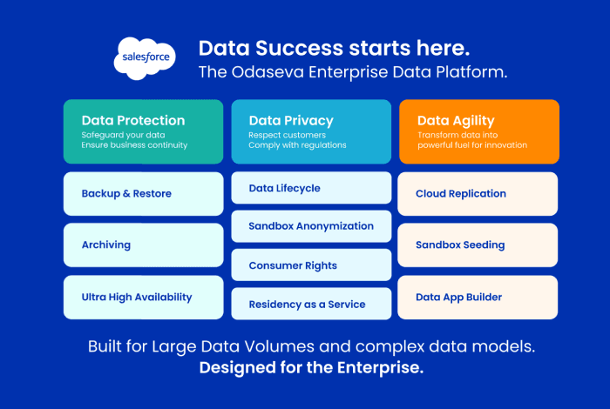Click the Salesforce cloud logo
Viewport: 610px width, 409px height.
click(x=144, y=58)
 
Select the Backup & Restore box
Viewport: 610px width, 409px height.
click(x=144, y=193)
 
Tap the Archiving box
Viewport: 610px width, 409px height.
click(x=144, y=245)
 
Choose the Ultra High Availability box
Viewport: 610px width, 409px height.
click(x=144, y=298)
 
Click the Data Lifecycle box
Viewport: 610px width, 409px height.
click(x=311, y=188)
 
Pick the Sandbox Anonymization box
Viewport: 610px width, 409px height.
click(x=311, y=226)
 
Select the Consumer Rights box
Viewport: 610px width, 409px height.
click(x=311, y=265)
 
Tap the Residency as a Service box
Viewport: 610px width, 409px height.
click(x=311, y=304)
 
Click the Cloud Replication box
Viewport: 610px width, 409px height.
click(x=478, y=193)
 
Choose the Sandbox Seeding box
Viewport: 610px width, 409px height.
click(x=478, y=245)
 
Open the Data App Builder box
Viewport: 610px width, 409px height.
click(x=478, y=298)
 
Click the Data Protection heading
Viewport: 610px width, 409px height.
click(x=133, y=121)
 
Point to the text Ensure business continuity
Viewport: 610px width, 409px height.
click(x=134, y=145)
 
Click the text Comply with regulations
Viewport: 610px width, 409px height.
click(x=297, y=145)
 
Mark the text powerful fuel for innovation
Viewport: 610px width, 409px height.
click(x=471, y=145)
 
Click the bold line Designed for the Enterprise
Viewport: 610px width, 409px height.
click(x=311, y=368)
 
